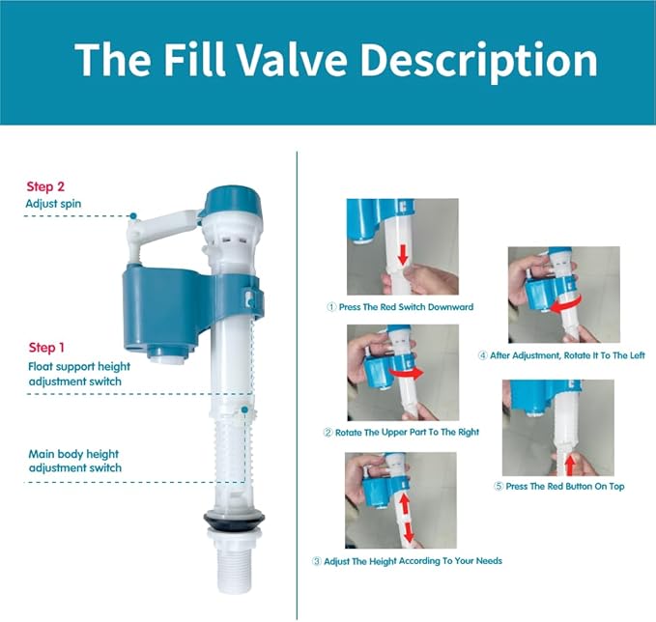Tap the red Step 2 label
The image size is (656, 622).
click(x=45, y=185)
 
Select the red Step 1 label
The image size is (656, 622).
click(x=47, y=348)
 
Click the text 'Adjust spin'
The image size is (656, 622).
click(x=55, y=204)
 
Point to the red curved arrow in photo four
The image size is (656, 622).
click(x=572, y=304)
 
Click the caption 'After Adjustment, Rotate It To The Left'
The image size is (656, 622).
click(x=561, y=355)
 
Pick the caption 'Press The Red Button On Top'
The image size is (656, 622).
click(x=558, y=486)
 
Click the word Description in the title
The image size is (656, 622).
click(x=490, y=60)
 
